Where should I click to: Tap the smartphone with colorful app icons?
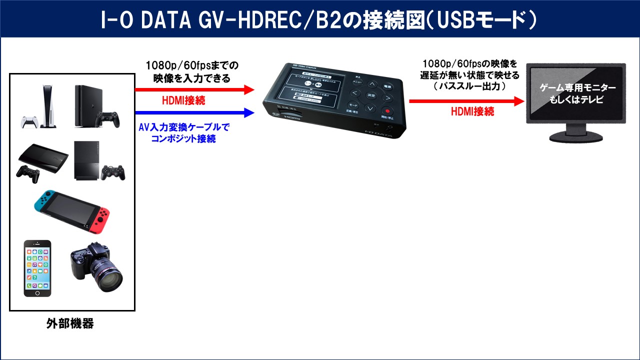(37, 268)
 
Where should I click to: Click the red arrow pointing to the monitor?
(465, 101)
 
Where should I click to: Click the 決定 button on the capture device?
(371, 95)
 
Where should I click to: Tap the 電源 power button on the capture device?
(387, 86)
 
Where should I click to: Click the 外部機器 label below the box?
(70, 323)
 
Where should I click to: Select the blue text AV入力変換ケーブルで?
(183, 127)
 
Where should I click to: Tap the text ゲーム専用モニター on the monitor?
(577, 88)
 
